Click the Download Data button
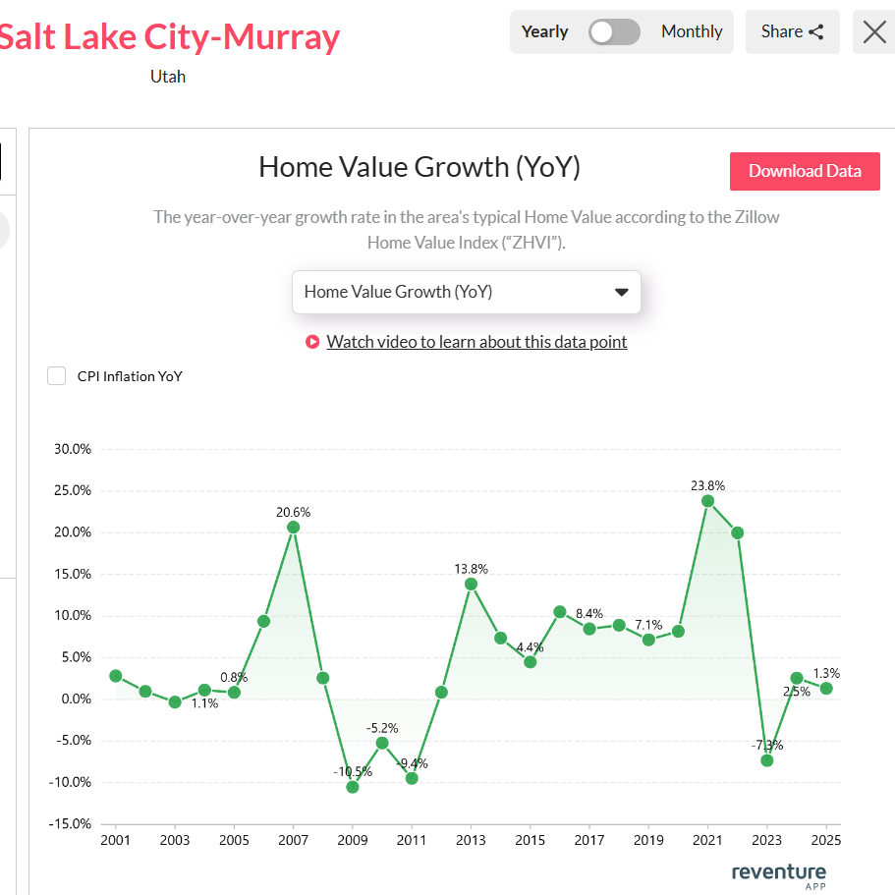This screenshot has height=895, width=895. (x=805, y=171)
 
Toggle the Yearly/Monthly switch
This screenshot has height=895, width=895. (x=614, y=31)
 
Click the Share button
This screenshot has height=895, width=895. (x=792, y=31)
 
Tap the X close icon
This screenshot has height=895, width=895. (x=873, y=31)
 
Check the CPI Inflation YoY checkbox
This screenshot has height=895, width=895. (x=57, y=376)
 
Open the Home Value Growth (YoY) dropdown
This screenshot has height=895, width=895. (x=467, y=292)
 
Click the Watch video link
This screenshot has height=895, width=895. (x=476, y=342)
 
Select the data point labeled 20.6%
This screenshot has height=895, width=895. (x=293, y=528)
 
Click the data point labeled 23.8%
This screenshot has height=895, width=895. (x=707, y=501)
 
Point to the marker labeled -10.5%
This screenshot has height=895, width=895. (x=352, y=787)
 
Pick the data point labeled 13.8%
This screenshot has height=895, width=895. (x=471, y=584)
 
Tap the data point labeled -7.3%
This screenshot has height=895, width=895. (x=767, y=760)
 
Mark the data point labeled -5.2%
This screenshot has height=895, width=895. (x=382, y=743)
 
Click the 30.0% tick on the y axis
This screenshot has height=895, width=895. (x=73, y=449)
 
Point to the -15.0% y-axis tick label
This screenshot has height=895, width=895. (x=71, y=824)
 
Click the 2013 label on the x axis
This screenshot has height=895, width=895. (x=471, y=841)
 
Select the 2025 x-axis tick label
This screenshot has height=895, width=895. (x=826, y=841)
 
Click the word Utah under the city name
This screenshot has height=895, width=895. (x=168, y=76)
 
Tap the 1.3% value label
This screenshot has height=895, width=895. (x=826, y=673)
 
